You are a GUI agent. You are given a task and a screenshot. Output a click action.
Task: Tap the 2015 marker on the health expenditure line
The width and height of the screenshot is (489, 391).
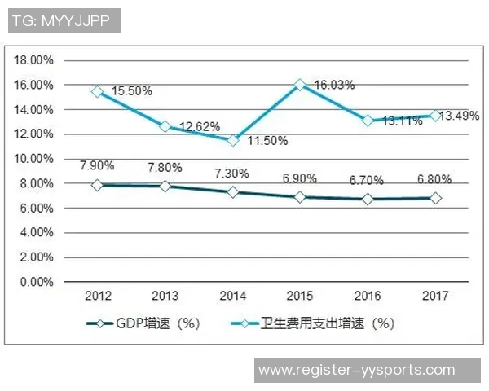[300, 85]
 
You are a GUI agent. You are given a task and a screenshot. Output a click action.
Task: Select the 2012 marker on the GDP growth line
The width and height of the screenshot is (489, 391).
[98, 185]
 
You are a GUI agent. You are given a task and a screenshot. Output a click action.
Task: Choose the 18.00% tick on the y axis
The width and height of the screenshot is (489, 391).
[34, 60]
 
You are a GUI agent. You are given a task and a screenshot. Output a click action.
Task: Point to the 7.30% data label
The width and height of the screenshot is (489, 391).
[232, 174]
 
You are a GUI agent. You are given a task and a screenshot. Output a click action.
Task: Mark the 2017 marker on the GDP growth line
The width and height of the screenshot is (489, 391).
[435, 198]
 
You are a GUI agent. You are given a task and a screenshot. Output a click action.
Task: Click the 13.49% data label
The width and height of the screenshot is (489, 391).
[459, 116]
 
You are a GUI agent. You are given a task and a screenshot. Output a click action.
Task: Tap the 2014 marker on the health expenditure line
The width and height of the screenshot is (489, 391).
[232, 140]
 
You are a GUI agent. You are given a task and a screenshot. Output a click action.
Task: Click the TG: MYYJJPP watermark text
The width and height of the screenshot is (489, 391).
[64, 20]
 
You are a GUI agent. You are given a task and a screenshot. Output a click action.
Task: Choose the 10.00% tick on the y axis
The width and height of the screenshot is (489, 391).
[34, 159]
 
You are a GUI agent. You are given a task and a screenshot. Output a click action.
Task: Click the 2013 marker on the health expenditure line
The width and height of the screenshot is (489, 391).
[165, 126]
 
